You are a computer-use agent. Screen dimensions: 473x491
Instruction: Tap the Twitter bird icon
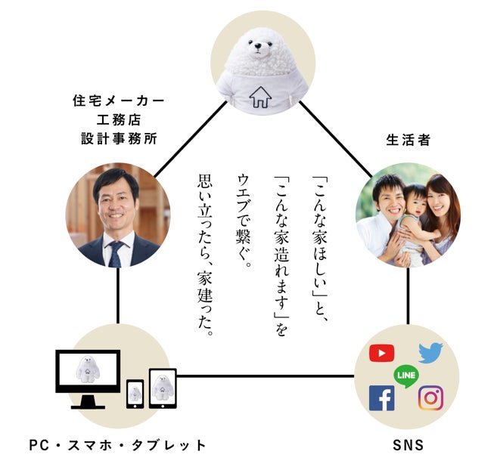430,352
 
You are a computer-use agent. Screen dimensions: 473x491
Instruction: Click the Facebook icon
381,397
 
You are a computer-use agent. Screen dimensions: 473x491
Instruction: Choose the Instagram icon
430,397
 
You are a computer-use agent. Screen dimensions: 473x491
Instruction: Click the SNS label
408,445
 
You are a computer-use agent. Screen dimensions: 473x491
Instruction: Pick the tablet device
162,388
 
